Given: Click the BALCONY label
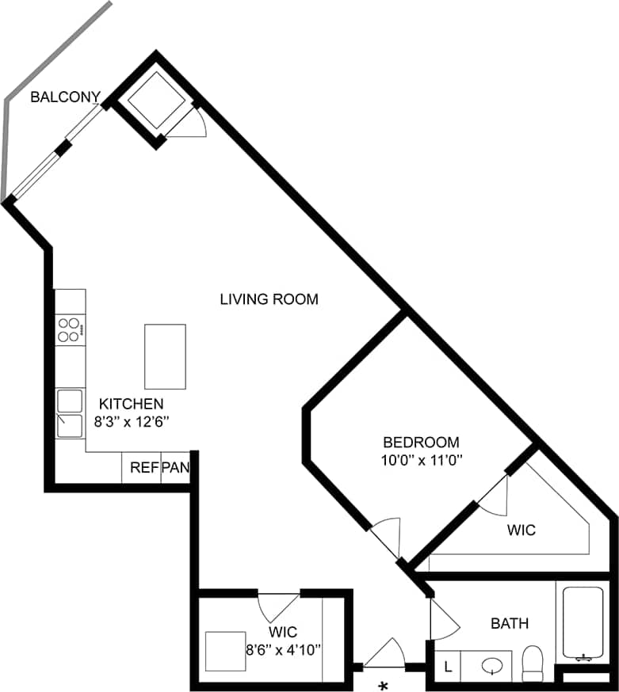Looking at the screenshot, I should pyautogui.click(x=65, y=97).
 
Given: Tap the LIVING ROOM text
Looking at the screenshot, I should pyautogui.click(x=269, y=299).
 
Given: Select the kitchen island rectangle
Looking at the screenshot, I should pyautogui.click(x=165, y=356).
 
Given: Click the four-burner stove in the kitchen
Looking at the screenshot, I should pyautogui.click(x=71, y=329).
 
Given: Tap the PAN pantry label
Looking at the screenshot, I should pyautogui.click(x=175, y=467).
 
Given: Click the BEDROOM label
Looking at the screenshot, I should pyautogui.click(x=421, y=442).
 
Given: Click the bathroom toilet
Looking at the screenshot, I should pyautogui.click(x=532, y=663).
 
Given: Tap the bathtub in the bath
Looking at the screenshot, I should pyautogui.click(x=583, y=622).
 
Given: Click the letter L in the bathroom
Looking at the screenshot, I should pyautogui.click(x=448, y=667).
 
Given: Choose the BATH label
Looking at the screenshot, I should pyautogui.click(x=510, y=624).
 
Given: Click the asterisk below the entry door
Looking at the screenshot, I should pyautogui.click(x=384, y=685).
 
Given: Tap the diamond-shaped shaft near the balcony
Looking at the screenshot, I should pyautogui.click(x=156, y=101).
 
